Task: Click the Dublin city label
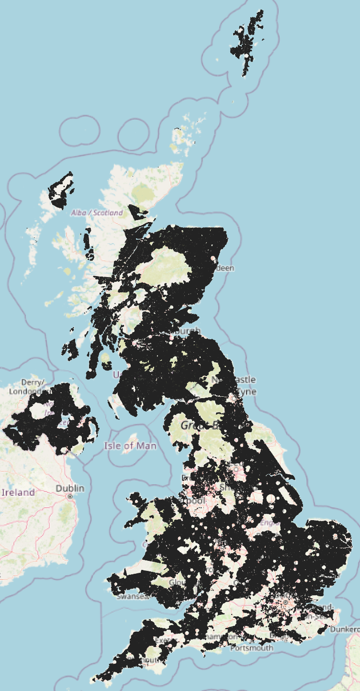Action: coord(70,488)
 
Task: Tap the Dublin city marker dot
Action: coord(70,497)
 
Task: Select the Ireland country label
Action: coord(18,492)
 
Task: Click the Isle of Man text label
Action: coord(130,446)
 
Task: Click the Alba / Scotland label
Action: coord(97,212)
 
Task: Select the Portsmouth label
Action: coord(251,648)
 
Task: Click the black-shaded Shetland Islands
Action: coord(248,41)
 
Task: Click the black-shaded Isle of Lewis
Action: coord(61,191)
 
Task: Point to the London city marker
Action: coord(286,602)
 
